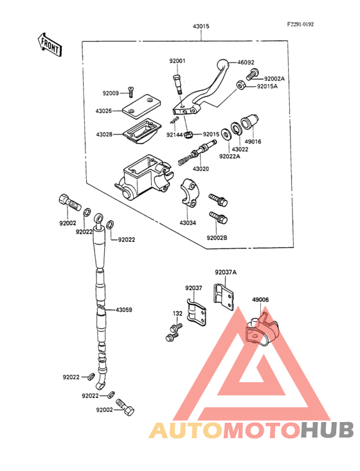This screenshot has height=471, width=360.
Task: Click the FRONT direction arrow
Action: click(x=50, y=45)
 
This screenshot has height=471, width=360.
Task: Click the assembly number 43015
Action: click(x=201, y=26)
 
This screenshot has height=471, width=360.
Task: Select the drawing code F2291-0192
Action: click(x=300, y=24)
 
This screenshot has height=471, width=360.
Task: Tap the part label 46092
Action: click(x=246, y=62)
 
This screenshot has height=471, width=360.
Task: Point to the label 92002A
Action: click(x=274, y=78)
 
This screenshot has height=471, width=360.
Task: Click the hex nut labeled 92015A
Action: click(x=240, y=85)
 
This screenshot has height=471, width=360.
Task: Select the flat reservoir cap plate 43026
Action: click(x=141, y=107)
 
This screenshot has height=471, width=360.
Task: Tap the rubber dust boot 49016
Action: click(x=249, y=122)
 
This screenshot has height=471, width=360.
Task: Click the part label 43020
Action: click(x=201, y=169)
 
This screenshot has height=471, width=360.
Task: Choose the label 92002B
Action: click(x=217, y=238)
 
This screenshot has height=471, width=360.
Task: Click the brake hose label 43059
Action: click(x=124, y=309)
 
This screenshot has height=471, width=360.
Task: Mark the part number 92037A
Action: click(x=226, y=272)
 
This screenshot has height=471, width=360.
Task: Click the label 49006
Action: click(x=260, y=300)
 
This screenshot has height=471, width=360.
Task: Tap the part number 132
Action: click(x=177, y=313)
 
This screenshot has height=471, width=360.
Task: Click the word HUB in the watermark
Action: click(x=328, y=430)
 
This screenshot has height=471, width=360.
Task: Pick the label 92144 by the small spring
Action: click(x=175, y=135)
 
